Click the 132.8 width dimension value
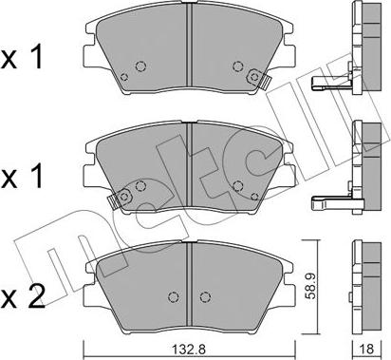point(189,350)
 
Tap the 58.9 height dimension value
point(309,287)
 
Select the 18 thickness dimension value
point(366,349)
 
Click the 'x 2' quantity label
point(22,297)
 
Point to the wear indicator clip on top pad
point(258,79)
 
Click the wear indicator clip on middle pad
point(120,199)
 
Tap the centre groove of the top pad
point(189,45)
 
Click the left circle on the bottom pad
point(173,297)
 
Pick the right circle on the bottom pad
point(205,297)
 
